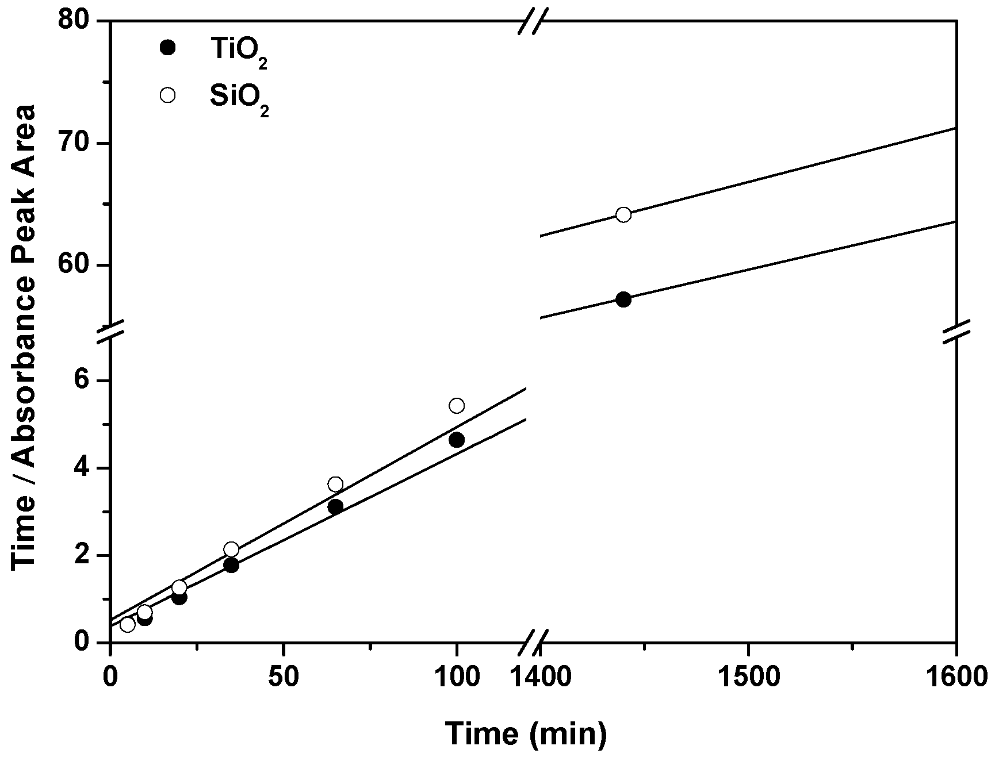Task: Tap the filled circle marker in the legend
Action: [x=167, y=48]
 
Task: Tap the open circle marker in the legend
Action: [x=167, y=95]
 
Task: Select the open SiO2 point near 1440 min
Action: [x=623, y=215]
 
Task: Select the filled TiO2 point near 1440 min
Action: [x=623, y=299]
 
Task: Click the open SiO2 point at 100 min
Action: [x=457, y=406]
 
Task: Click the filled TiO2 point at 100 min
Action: [x=457, y=440]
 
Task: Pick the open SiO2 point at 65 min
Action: [x=335, y=484]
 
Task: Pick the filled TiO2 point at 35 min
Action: [x=231, y=566]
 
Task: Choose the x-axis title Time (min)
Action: [x=526, y=733]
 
